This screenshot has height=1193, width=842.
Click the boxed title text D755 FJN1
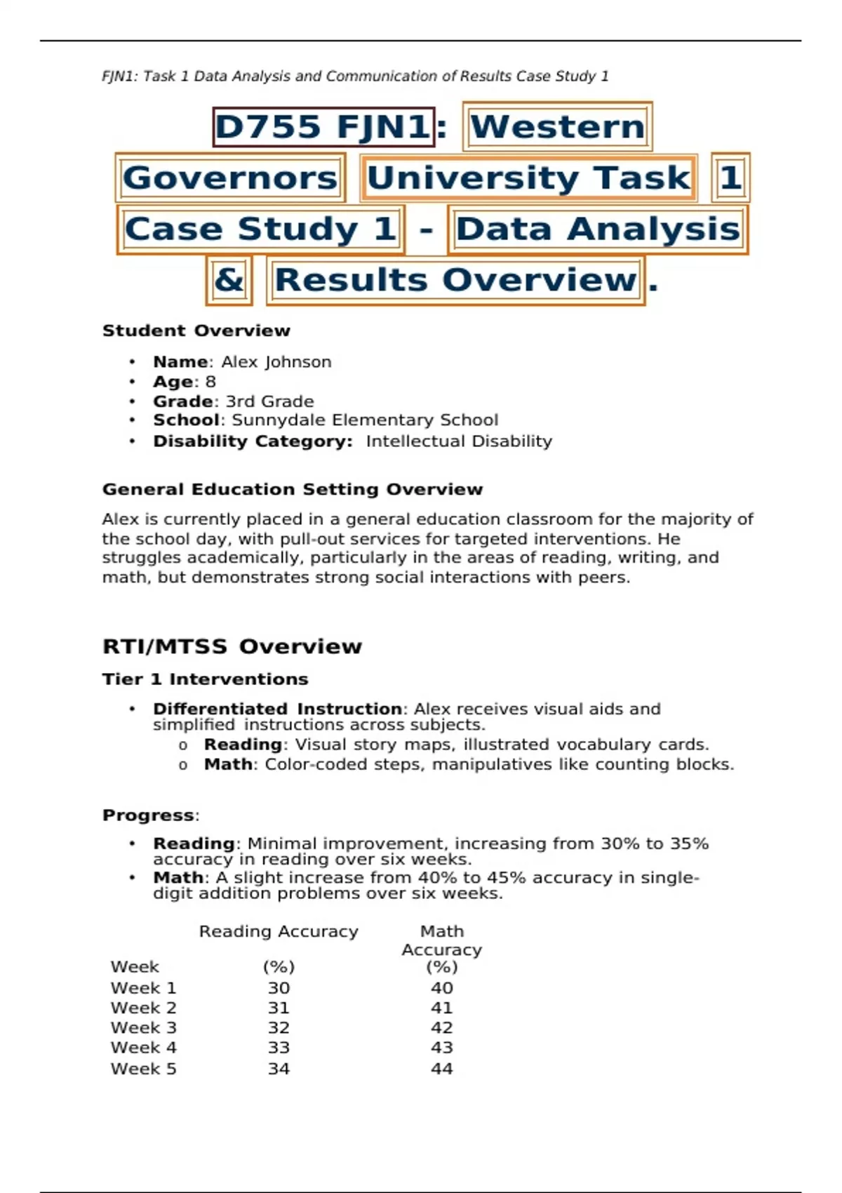point(323,127)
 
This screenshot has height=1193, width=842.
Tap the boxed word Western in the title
point(558,127)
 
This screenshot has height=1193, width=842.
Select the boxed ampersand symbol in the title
point(229,280)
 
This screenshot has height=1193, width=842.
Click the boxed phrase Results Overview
point(455,280)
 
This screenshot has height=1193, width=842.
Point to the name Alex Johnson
point(276,362)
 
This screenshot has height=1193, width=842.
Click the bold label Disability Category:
point(253,441)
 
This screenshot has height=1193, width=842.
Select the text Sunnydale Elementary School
point(365,420)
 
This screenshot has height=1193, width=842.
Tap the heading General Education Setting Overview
point(293,489)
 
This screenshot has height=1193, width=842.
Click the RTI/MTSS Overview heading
point(232,646)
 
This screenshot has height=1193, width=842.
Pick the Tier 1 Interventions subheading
point(205,679)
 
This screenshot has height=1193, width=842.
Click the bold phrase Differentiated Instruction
point(277,709)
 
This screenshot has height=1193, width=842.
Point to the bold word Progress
point(149,815)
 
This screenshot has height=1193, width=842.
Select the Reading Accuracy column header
point(279,931)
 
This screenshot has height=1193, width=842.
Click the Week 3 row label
point(143,1028)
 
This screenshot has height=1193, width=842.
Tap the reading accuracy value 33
point(279,1048)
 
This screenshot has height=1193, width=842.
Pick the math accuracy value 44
point(441,1069)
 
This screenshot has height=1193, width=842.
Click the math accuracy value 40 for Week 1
point(441,988)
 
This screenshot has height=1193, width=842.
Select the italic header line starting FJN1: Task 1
point(355,76)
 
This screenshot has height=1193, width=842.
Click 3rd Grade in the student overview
point(269,401)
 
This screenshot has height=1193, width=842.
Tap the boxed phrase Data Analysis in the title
point(598,229)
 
